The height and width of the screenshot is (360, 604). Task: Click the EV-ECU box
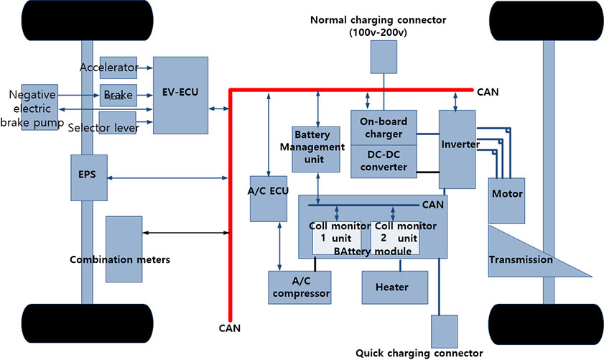(x=180, y=94)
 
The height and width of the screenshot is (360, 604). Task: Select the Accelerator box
(x=118, y=68)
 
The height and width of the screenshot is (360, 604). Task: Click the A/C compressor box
(x=299, y=287)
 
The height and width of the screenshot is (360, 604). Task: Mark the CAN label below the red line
(x=230, y=328)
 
